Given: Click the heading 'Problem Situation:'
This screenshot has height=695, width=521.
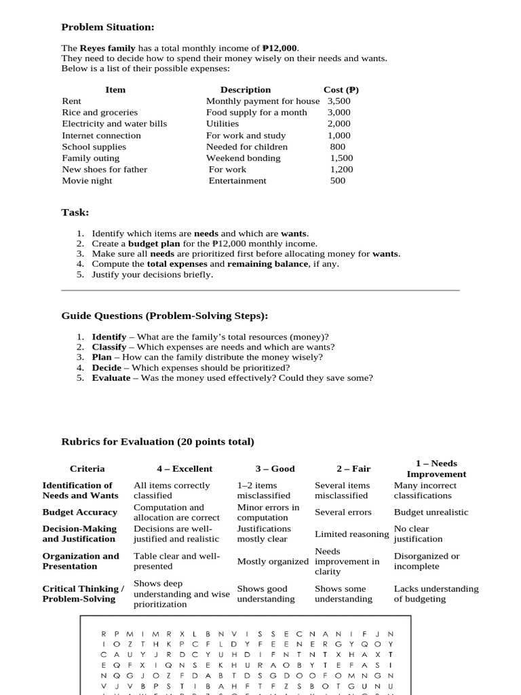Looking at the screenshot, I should click(x=108, y=27).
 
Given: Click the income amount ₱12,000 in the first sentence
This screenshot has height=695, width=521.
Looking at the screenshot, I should click(x=279, y=48).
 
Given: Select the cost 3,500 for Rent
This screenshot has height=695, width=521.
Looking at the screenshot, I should click(x=339, y=101).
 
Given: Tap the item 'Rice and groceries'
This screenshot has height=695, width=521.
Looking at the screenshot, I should click(x=100, y=113).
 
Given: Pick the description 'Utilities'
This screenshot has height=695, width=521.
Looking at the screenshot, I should click(x=223, y=124).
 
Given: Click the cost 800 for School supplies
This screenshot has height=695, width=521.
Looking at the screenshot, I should click(x=337, y=147).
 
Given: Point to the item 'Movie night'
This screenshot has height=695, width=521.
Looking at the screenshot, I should click(x=87, y=181).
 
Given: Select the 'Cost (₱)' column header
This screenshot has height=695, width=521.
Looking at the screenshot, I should click(x=341, y=90).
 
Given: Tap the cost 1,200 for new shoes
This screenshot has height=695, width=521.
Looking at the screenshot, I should click(x=341, y=170).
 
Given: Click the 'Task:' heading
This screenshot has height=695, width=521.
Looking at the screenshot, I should click(x=75, y=212).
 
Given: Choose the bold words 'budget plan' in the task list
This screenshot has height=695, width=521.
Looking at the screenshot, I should click(x=153, y=244).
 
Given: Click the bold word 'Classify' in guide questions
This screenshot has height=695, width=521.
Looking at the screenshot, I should click(x=109, y=347).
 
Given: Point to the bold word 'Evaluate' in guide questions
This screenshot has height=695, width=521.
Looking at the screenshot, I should click(x=111, y=378).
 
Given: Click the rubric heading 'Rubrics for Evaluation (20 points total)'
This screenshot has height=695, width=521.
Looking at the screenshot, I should click(x=158, y=442).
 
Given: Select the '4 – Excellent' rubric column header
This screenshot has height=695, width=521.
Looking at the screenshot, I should click(x=183, y=469).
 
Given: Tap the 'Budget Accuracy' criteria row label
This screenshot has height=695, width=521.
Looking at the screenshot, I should click(x=80, y=512).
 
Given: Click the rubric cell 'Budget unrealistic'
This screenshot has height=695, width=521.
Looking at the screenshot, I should click(x=431, y=512).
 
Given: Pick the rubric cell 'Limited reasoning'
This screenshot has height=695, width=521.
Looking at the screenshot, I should click(x=351, y=534).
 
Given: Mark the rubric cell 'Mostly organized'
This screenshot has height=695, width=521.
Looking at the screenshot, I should click(x=273, y=561).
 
